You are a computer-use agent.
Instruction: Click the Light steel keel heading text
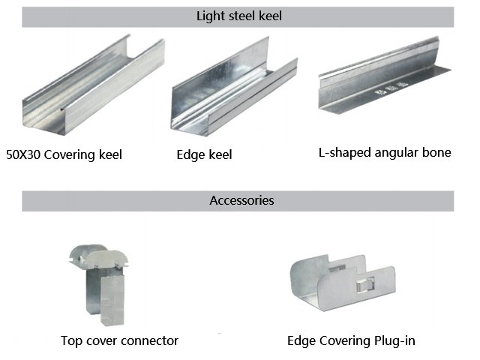pos(238,16)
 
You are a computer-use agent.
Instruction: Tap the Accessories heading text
pos(241,200)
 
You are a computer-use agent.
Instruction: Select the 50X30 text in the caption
pos(24,155)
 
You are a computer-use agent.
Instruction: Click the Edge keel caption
pos(204,155)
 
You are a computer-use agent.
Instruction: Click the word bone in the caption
pos(436,152)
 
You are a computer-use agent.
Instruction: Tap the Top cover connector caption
pos(119,340)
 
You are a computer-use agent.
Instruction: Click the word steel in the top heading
pos(239,16)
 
